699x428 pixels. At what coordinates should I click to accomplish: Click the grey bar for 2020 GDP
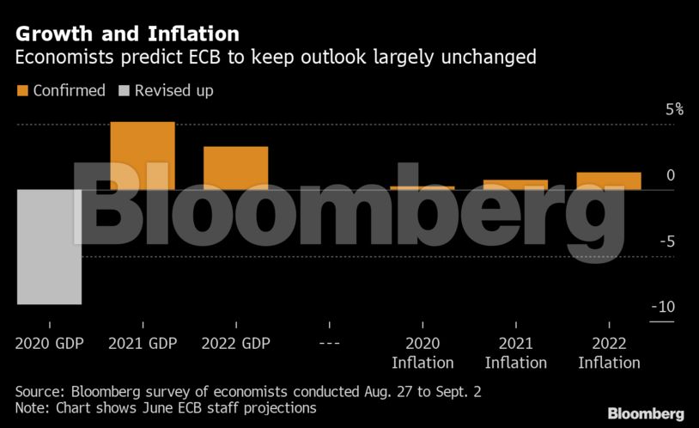click(x=49, y=247)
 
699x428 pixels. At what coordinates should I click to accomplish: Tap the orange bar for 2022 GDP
click(x=235, y=168)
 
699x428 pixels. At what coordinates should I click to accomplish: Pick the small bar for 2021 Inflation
click(x=515, y=184)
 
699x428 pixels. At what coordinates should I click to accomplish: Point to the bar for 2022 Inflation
click(x=609, y=180)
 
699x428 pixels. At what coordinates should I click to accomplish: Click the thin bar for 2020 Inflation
click(x=422, y=187)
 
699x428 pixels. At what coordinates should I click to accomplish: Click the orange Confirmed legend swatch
click(x=22, y=90)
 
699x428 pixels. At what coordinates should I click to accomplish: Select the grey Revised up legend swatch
click(x=125, y=90)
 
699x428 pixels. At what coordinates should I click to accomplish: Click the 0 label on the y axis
click(x=671, y=175)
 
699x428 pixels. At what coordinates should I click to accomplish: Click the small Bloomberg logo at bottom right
click(x=646, y=413)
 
